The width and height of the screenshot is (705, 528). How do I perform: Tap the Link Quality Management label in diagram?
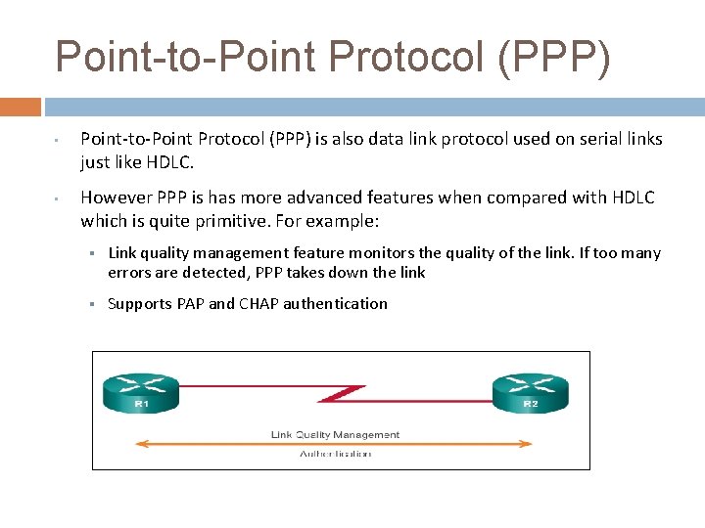click(x=335, y=434)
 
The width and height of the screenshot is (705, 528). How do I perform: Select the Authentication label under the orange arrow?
click(x=335, y=454)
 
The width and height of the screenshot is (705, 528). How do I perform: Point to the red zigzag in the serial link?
click(x=343, y=395)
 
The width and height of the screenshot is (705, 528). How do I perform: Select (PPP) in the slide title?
click(x=553, y=57)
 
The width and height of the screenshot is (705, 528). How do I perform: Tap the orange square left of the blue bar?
click(x=20, y=107)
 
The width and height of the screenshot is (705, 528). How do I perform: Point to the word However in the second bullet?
click(x=116, y=198)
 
